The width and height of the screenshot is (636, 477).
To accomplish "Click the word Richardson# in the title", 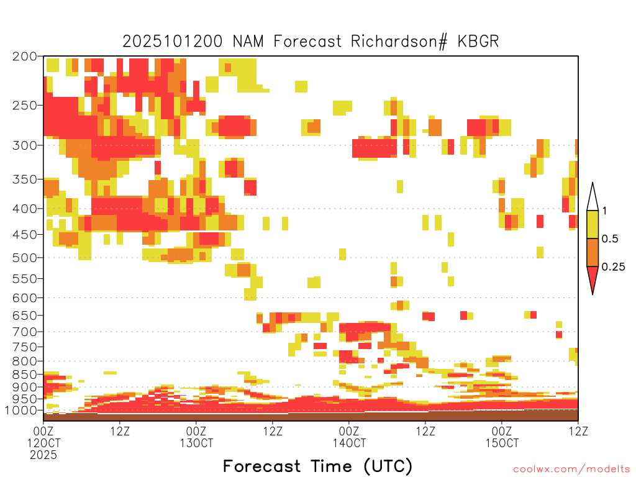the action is click(x=399, y=42).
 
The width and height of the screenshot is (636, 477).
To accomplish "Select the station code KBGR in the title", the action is click(x=478, y=42).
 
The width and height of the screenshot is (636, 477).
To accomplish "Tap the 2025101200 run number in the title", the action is click(x=173, y=42).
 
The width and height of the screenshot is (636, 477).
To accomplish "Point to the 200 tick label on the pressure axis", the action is click(x=25, y=57).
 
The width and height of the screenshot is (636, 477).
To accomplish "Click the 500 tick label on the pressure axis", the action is click(x=25, y=258).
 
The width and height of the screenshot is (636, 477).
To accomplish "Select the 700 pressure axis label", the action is click(x=25, y=332).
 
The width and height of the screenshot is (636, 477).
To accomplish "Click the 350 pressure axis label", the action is click(x=25, y=179).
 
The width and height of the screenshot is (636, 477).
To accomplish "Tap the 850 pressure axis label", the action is click(x=25, y=375).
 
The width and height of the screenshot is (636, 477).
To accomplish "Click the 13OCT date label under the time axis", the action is click(x=196, y=443).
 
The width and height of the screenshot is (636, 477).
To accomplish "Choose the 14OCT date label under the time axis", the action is click(x=349, y=443).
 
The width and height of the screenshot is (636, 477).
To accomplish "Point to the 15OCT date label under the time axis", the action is click(x=502, y=443).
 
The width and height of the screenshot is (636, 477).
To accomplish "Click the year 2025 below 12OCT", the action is click(x=43, y=455).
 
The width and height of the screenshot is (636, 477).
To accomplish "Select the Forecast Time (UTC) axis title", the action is click(x=317, y=466).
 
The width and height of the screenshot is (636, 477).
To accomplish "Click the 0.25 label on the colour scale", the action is click(x=613, y=267).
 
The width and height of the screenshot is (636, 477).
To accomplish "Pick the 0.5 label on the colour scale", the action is click(x=610, y=239).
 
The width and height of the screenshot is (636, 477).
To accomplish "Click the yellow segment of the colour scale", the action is click(x=593, y=225).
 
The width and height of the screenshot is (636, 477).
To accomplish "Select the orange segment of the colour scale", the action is click(x=593, y=253).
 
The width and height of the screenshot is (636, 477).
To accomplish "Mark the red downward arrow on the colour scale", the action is click(x=593, y=278).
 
